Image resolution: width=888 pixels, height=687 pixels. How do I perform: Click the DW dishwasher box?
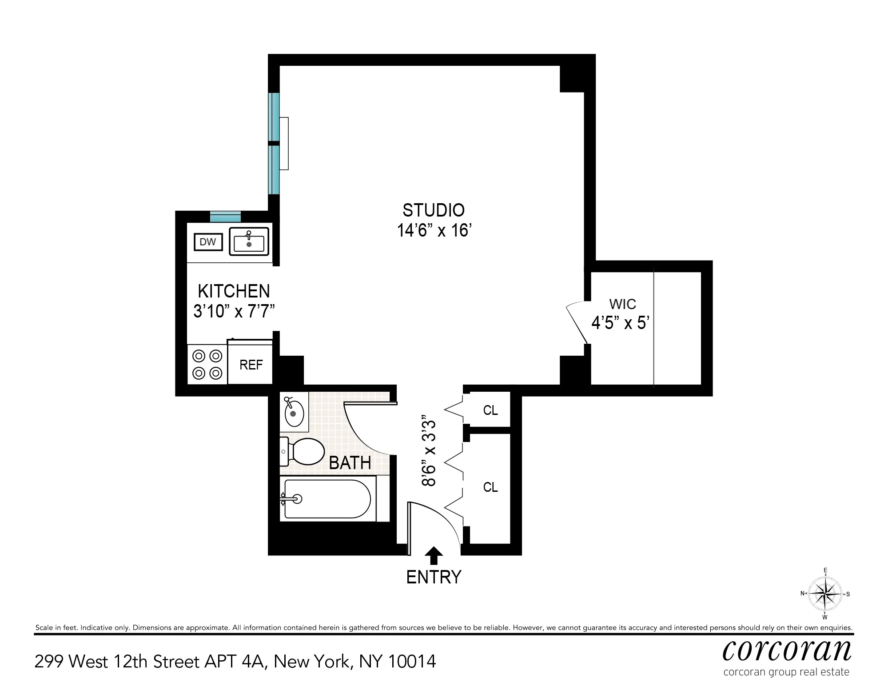(207, 242)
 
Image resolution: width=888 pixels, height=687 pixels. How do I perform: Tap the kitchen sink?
(249, 242)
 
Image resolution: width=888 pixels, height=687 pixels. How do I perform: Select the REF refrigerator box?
(251, 365)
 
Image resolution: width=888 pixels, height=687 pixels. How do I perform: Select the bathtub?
(327, 499)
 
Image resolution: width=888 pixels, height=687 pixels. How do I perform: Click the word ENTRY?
(434, 577)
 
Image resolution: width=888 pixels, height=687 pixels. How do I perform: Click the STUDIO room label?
(434, 210)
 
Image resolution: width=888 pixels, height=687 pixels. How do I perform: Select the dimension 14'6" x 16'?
(434, 231)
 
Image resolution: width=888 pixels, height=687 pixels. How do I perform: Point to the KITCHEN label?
(234, 291)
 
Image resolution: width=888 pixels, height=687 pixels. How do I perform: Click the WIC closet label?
(622, 304)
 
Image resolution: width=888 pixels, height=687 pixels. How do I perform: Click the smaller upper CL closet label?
(490, 410)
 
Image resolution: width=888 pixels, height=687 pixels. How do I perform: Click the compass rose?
(825, 594)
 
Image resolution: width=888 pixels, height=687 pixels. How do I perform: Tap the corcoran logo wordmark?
(787, 651)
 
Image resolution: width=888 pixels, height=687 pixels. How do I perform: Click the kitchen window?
(225, 217)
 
